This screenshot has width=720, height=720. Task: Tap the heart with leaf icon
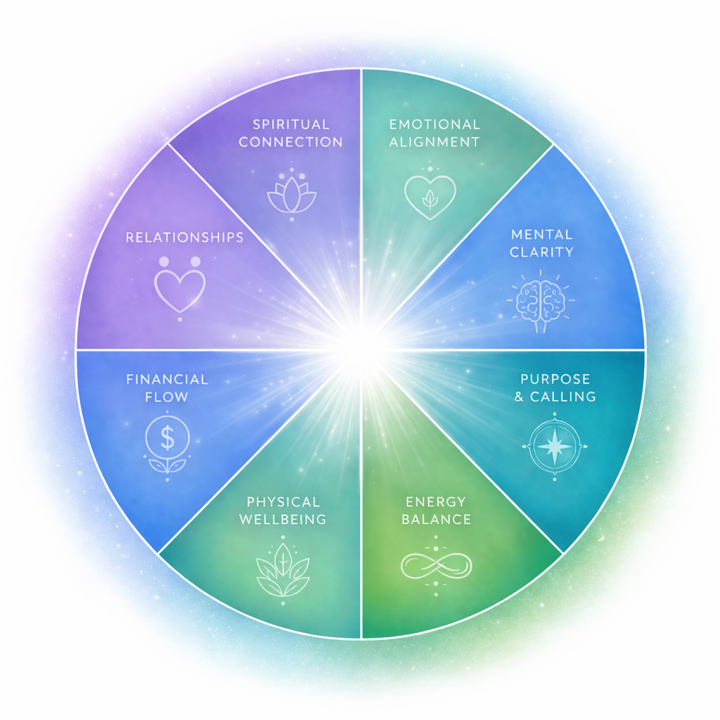430,193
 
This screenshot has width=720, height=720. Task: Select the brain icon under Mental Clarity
540,300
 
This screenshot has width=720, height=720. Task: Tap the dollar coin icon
167,440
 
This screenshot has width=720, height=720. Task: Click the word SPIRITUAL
291,124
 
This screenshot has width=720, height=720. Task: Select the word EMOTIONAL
435,124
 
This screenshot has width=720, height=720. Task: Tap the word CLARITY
541,252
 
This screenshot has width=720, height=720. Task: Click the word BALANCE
436,520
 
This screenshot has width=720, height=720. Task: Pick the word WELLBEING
283,520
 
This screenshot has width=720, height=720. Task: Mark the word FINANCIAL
167,380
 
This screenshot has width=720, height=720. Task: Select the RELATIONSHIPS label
185,238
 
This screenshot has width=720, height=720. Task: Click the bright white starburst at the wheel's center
361,349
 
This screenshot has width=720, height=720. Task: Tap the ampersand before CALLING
520,397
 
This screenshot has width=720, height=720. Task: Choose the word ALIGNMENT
435,142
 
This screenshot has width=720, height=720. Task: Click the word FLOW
167,397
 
